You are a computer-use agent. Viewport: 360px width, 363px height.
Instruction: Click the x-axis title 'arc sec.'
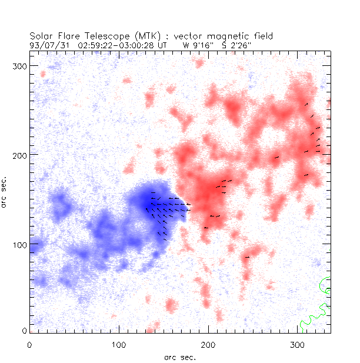[179, 357]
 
